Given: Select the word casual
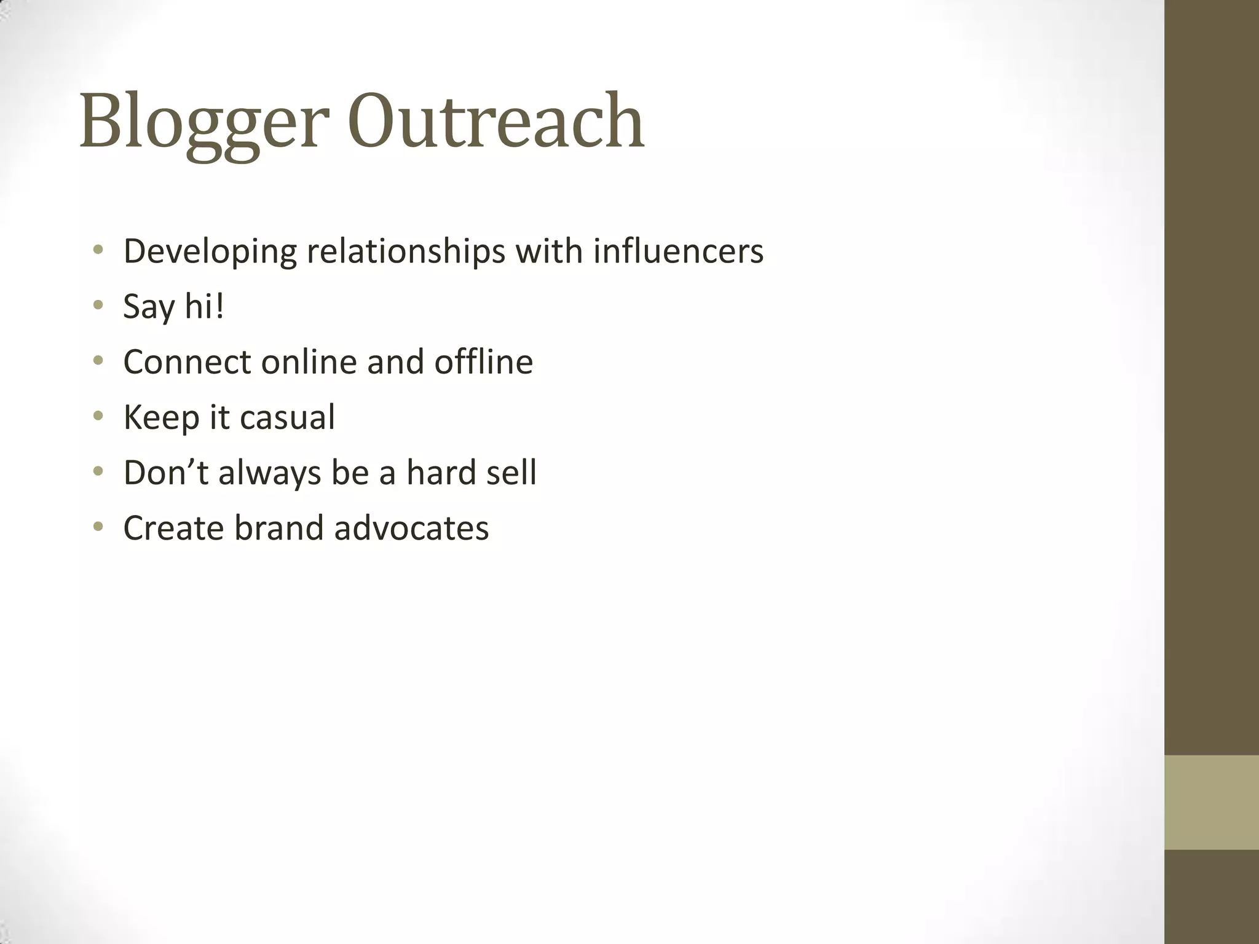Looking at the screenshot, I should coord(287,417).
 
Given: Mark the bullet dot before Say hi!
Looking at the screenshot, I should coord(98,305).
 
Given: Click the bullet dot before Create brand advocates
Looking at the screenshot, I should coord(98,527).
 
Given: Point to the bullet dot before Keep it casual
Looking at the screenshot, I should coord(98,416).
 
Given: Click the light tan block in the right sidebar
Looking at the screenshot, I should coord(1211,802).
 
